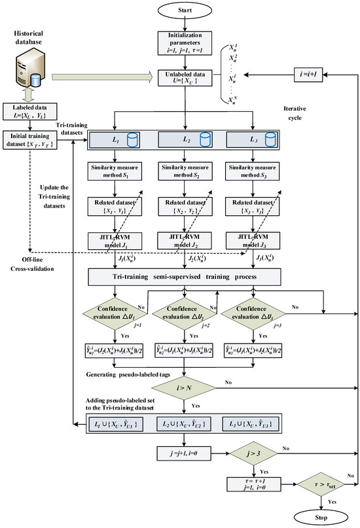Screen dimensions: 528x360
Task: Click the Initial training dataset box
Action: [x=27, y=138]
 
